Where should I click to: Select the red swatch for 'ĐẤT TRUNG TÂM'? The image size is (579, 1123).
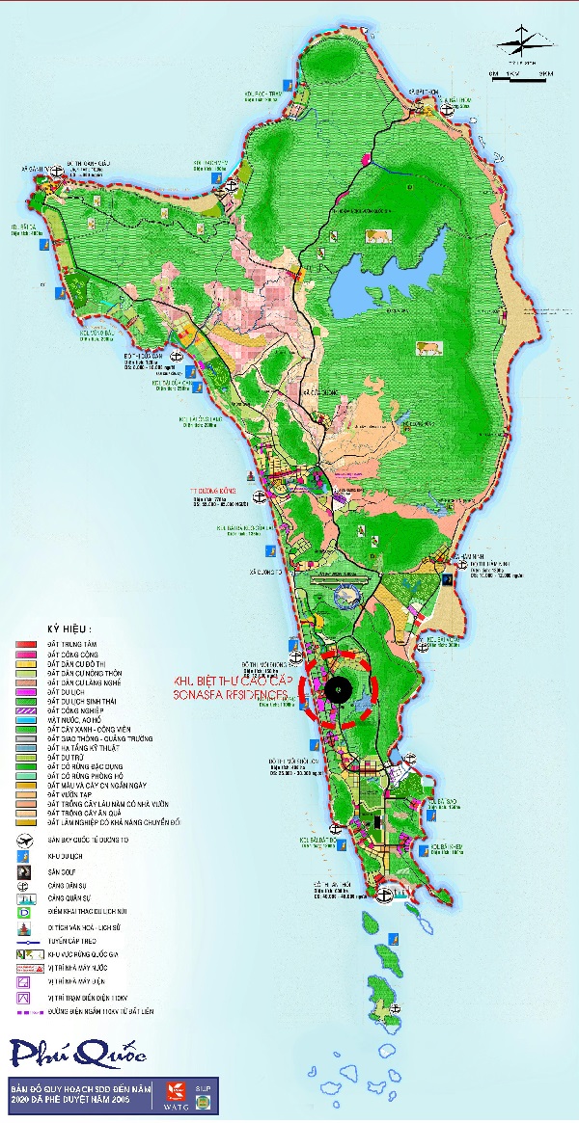tap(24, 643)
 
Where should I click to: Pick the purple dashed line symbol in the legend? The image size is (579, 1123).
tap(23, 1012)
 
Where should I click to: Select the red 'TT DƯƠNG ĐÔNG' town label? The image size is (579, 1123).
tap(214, 491)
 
